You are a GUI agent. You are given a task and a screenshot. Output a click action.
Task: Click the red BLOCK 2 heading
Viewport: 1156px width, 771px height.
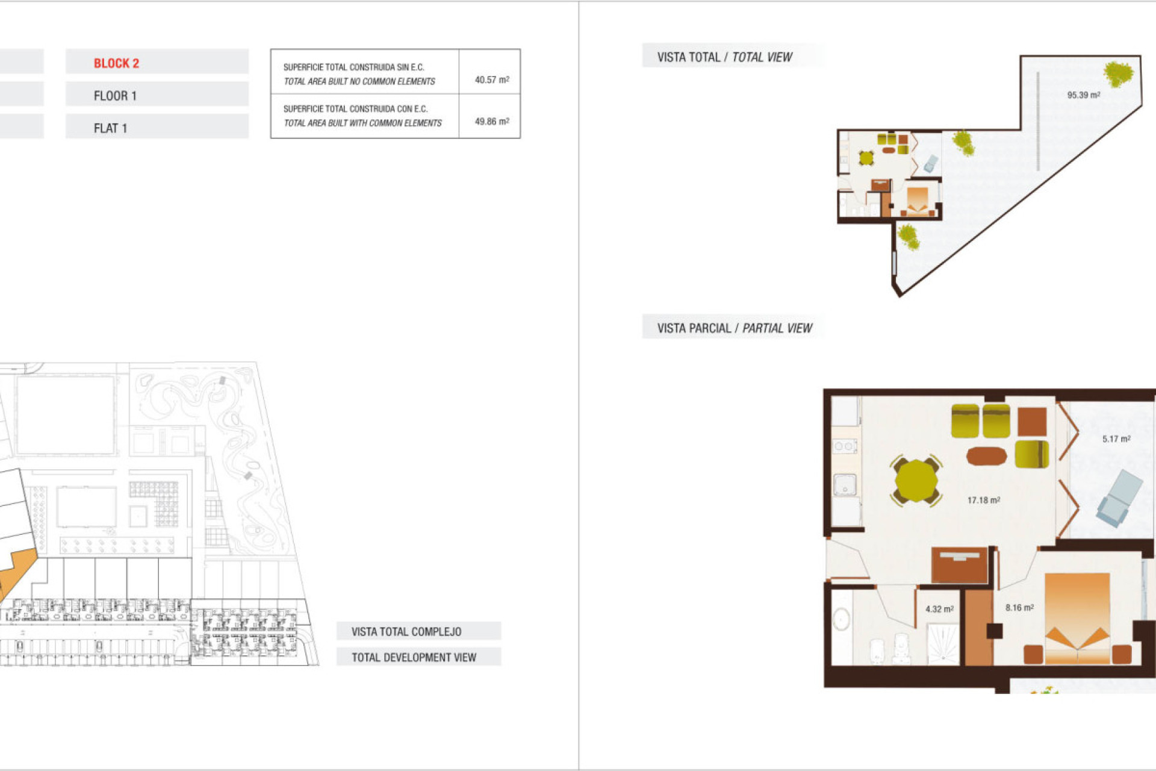click(x=116, y=63)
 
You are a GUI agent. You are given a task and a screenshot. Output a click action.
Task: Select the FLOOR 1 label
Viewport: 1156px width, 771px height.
click(x=115, y=96)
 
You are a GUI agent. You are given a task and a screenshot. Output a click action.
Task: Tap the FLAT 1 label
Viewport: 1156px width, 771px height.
click(x=110, y=128)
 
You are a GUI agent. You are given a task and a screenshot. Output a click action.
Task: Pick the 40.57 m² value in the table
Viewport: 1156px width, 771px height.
click(x=491, y=80)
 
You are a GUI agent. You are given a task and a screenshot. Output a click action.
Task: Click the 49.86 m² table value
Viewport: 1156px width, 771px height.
click(x=491, y=121)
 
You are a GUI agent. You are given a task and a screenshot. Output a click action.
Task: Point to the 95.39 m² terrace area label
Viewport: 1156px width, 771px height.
click(x=1083, y=95)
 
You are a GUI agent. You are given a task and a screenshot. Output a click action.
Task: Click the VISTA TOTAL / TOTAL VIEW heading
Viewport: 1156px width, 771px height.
click(x=724, y=57)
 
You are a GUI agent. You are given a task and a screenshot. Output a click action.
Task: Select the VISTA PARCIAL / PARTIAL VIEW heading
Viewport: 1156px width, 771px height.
click(x=734, y=328)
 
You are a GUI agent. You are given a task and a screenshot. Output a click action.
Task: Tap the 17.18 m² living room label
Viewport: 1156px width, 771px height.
click(x=983, y=500)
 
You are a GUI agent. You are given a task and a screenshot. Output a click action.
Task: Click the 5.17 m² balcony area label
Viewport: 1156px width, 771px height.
click(x=1116, y=439)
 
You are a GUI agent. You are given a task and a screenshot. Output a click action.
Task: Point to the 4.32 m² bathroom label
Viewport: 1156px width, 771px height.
click(x=939, y=609)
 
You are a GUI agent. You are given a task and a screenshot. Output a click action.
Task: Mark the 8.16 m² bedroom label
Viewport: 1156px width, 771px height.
click(x=1019, y=608)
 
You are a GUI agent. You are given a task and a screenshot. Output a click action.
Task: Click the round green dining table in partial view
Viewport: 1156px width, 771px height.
click(x=915, y=481)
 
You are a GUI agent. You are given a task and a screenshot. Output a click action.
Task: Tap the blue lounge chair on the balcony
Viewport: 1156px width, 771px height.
click(x=1119, y=498)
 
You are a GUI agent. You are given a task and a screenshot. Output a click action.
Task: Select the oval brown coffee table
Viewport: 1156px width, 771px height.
click(x=986, y=456)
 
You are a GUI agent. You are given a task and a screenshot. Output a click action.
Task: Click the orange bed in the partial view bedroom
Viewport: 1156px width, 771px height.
click(x=1077, y=617)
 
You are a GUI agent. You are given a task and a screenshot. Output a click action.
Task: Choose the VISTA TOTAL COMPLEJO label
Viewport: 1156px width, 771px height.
click(x=406, y=631)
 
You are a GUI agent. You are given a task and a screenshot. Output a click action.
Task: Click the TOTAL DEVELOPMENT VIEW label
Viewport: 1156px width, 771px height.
click(x=414, y=657)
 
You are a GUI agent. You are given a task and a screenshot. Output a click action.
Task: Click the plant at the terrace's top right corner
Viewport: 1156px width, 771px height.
click(x=1119, y=75)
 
